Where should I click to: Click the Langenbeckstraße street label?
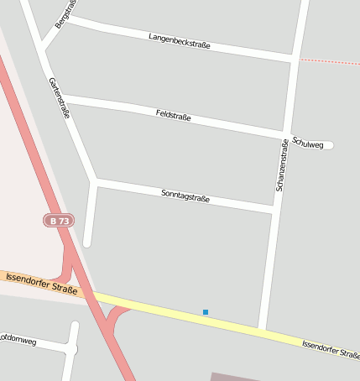[x=179, y=39]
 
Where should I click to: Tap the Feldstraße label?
[x=173, y=115]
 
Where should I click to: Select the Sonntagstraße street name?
[x=185, y=197]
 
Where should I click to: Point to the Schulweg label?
[x=308, y=144]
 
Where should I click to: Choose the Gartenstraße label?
[x=59, y=98]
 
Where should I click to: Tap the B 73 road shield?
[x=59, y=221]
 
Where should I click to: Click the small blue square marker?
[x=205, y=312]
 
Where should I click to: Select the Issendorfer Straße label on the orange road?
[x=41, y=283]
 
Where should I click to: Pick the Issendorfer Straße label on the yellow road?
[x=331, y=348]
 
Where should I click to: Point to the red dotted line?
[x=330, y=61]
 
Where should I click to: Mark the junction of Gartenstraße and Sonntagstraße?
[x=95, y=180]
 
